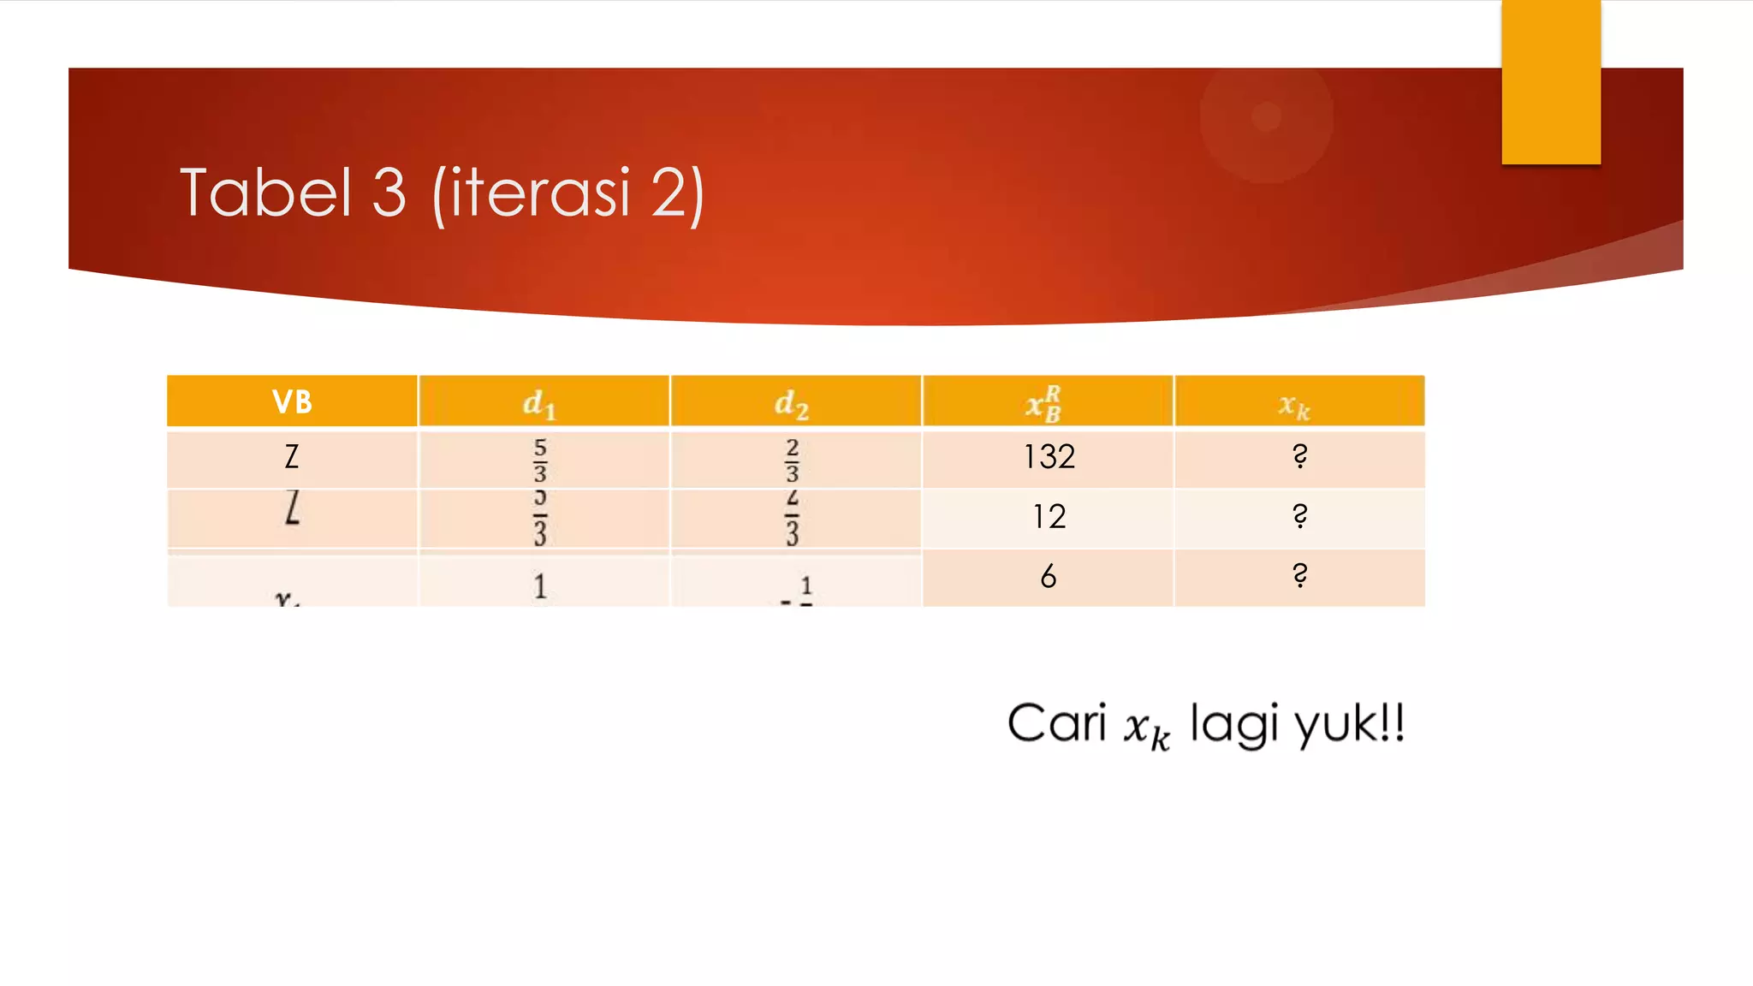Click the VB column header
point(292,401)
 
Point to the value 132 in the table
point(1049,457)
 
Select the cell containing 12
point(1049,517)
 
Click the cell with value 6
point(1049,577)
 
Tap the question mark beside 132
point(1299,456)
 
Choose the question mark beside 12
point(1299,516)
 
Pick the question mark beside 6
point(1299,575)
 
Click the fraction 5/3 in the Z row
point(540,460)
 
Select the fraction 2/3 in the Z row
point(792,460)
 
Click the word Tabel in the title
point(265,193)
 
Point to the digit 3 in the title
point(389,193)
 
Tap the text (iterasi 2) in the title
point(568,195)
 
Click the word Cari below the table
point(1057,723)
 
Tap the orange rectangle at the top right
point(1551,81)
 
